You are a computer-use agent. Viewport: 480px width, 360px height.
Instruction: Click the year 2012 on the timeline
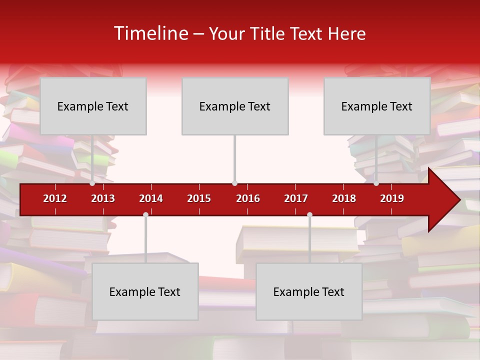55,198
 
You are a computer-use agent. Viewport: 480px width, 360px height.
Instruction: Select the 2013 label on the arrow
103,198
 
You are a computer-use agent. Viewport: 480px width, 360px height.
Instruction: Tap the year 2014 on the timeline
151,198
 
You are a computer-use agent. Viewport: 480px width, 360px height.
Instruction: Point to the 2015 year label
199,198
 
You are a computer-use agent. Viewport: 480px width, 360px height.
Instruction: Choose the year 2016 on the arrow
248,198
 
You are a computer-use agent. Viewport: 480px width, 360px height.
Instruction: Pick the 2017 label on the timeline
296,198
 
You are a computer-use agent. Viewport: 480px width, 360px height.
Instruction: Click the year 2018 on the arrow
344,198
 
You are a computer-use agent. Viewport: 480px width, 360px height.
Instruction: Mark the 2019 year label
392,198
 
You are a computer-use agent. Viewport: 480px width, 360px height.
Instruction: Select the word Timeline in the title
150,33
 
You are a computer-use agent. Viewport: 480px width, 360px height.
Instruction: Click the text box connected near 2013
93,106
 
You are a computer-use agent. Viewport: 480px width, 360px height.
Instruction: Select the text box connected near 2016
235,106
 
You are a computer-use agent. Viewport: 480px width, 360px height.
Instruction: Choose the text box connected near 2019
377,106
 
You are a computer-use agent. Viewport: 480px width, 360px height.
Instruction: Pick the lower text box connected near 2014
145,291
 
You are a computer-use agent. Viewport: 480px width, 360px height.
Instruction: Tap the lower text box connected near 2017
309,291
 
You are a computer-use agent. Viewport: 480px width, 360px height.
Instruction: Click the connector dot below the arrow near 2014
145,214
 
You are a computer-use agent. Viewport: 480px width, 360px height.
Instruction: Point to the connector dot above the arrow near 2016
234,183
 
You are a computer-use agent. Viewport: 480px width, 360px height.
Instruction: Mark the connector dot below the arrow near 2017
309,214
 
